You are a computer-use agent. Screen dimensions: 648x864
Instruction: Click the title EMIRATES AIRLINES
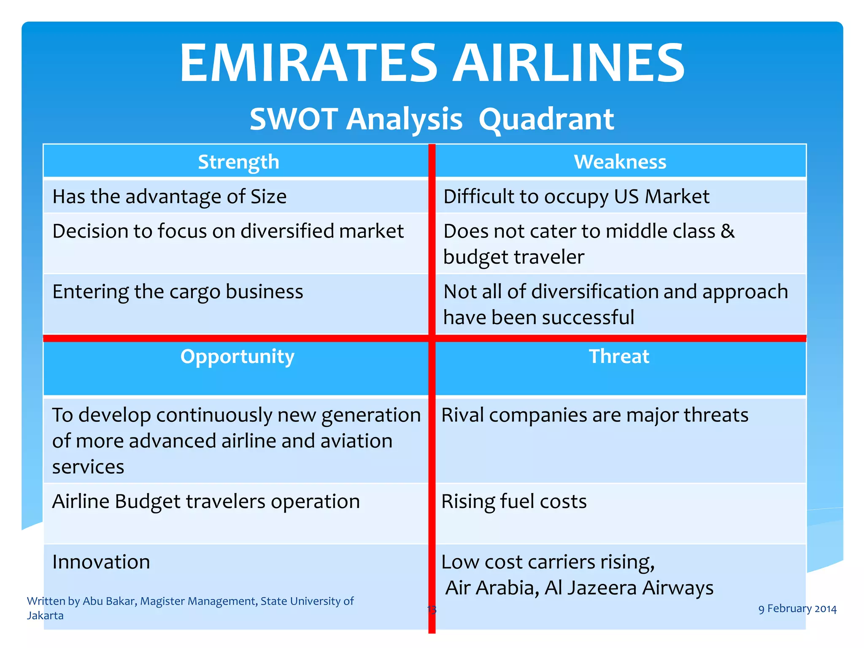click(x=432, y=63)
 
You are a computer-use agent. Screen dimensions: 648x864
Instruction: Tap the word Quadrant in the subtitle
click(x=546, y=119)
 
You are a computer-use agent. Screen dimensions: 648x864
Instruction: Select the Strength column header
click(x=238, y=162)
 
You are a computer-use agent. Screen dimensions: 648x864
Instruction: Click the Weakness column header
click(x=620, y=162)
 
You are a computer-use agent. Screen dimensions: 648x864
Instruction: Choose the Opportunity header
click(x=237, y=356)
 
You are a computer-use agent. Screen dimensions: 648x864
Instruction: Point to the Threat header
click(x=619, y=356)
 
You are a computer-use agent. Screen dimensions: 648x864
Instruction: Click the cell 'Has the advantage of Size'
click(x=170, y=197)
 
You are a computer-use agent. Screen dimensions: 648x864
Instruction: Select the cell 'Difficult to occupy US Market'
click(x=576, y=197)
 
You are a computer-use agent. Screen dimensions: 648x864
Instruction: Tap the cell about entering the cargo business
click(x=178, y=292)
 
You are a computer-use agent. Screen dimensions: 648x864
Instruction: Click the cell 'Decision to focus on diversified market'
click(x=228, y=231)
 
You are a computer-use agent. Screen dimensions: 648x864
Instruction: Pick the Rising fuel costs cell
click(x=514, y=502)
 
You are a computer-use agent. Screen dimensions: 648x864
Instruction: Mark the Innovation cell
click(x=101, y=562)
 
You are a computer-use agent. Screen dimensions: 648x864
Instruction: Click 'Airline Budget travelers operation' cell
click(x=206, y=502)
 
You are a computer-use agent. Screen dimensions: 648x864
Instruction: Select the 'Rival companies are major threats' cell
click(x=595, y=415)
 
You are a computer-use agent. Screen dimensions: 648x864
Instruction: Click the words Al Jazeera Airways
click(x=629, y=588)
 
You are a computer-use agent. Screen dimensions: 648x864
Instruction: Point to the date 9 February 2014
click(x=797, y=609)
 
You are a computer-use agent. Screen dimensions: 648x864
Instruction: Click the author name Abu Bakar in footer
click(x=109, y=601)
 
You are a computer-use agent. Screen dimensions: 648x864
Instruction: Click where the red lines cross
click(x=432, y=338)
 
